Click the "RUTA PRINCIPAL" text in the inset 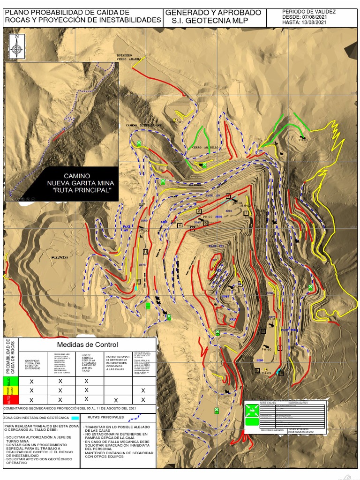point(82,191)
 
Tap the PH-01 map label point(304,140)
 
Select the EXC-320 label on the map point(177,122)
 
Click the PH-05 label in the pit point(232,290)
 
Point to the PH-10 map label point(267,350)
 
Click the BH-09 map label point(266,373)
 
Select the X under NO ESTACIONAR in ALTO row point(116,400)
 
